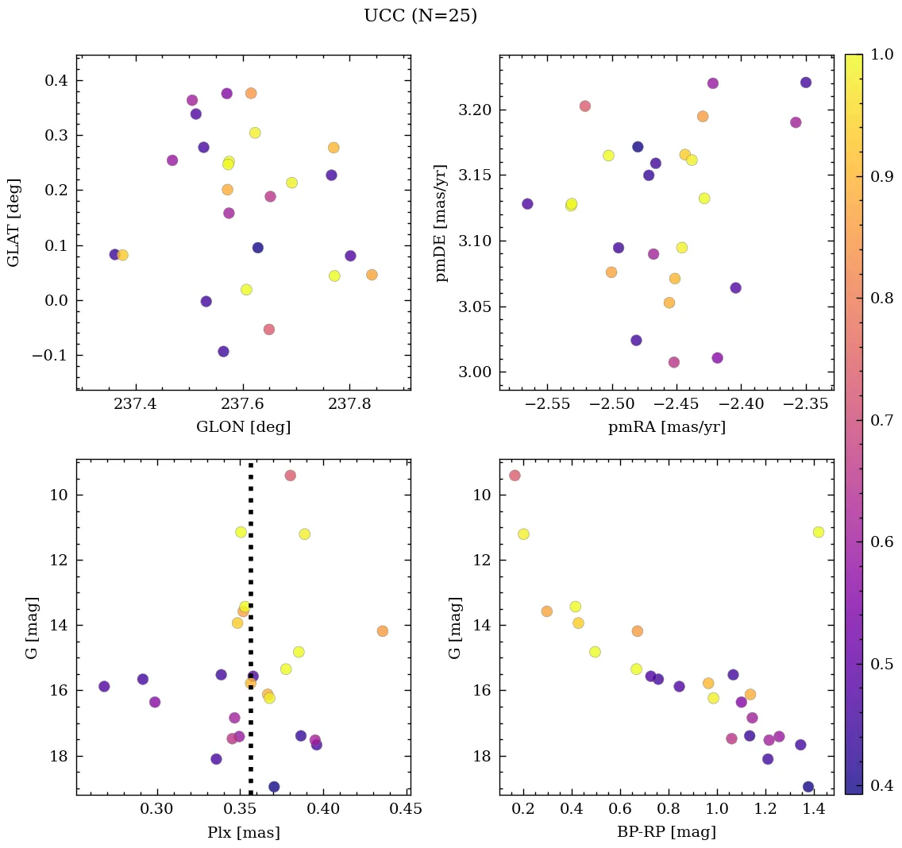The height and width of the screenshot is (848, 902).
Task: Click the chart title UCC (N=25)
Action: click(420, 16)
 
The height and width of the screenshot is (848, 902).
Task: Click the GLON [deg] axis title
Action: click(243, 427)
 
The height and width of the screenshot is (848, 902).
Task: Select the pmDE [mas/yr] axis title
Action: click(441, 223)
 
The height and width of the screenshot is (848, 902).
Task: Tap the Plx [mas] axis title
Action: click(243, 832)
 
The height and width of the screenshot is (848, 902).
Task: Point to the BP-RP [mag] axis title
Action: click(666, 832)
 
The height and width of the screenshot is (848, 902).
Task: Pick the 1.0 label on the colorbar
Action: click(882, 54)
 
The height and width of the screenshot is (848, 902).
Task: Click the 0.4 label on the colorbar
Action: click(882, 785)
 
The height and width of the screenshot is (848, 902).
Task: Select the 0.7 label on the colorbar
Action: click(882, 420)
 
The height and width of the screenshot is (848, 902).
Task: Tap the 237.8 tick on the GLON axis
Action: click(349, 404)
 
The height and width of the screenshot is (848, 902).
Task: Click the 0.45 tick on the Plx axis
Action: click(407, 809)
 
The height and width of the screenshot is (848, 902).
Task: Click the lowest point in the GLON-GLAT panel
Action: click(223, 352)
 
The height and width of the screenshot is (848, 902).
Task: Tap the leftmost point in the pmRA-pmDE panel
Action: click(527, 204)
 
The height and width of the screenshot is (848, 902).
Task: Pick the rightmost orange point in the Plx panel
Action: click(382, 631)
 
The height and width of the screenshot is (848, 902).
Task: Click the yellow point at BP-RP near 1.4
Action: click(819, 532)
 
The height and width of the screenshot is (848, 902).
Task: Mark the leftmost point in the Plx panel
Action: click(104, 686)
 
